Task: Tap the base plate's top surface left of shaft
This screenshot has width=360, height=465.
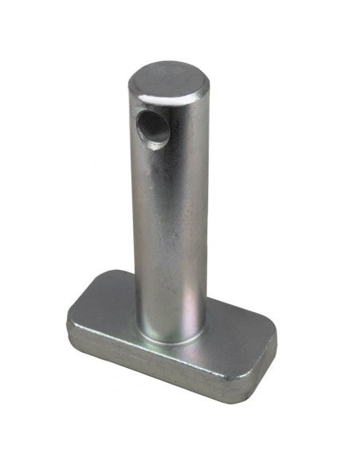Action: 108,307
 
